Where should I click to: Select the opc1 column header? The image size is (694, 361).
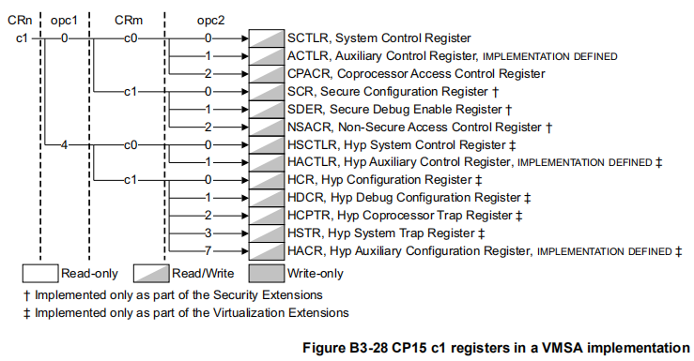pos(64,21)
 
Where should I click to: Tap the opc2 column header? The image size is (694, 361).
pos(208,21)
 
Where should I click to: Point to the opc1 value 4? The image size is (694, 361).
pos(64,145)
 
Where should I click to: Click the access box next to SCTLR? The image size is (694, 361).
pos(266,38)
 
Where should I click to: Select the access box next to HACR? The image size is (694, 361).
pos(266,251)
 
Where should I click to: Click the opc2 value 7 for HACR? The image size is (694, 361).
pos(208,251)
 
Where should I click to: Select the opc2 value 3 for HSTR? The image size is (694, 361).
pos(208,233)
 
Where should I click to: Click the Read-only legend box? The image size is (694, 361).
pos(39,274)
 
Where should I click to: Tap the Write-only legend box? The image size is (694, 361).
pos(266,274)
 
